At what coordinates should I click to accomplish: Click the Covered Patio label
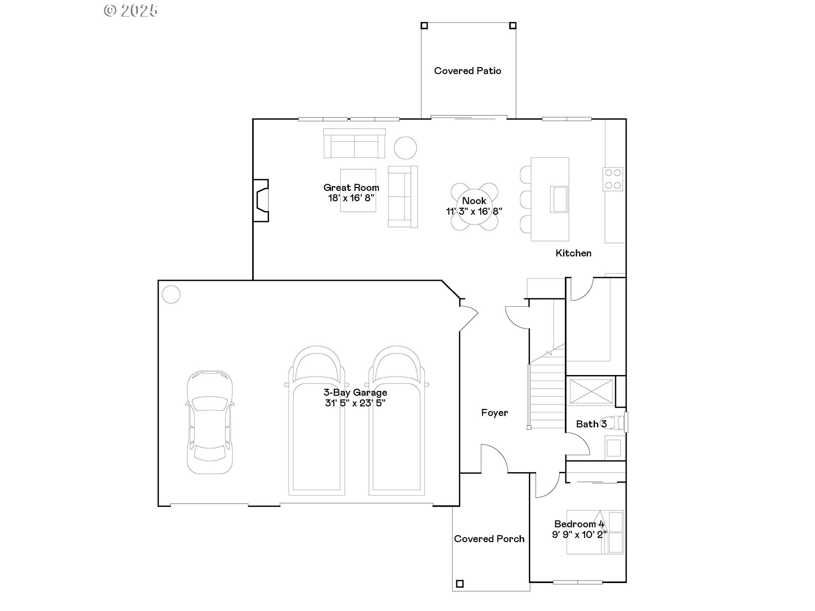(x=467, y=71)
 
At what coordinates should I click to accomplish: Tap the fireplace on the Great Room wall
(x=261, y=200)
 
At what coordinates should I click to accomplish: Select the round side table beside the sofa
(x=405, y=148)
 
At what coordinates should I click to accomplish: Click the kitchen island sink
(x=559, y=199)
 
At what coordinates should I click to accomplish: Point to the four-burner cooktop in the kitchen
(x=613, y=179)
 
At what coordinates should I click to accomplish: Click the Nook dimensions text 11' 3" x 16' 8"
(x=474, y=211)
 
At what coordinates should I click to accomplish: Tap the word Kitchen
(x=573, y=253)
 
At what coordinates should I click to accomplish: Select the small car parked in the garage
(x=210, y=422)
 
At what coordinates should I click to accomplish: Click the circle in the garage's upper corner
(x=171, y=294)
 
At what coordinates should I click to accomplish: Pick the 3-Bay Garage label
(x=355, y=392)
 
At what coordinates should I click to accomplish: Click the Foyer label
(x=495, y=413)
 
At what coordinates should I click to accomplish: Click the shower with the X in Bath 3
(x=591, y=391)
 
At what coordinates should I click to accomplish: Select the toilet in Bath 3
(x=618, y=423)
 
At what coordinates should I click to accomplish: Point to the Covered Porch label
(x=489, y=539)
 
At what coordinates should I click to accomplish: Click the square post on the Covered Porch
(x=459, y=583)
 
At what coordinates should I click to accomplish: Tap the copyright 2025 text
(x=131, y=11)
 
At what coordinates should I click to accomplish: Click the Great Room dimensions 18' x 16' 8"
(x=351, y=198)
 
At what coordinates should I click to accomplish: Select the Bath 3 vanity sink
(x=613, y=448)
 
